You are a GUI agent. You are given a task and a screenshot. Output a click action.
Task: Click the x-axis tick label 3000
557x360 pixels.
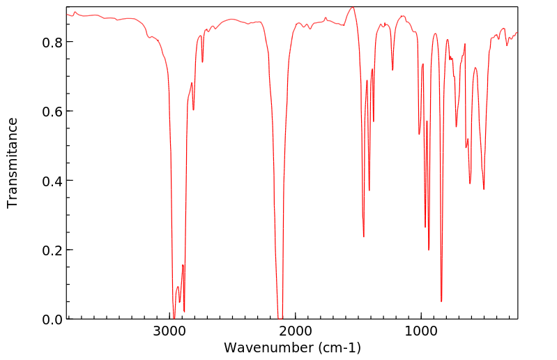coord(170,331)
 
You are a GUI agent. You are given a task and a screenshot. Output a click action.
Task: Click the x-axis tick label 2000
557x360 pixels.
coord(296,331)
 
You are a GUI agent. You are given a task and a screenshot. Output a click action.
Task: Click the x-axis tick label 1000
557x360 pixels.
coord(421,331)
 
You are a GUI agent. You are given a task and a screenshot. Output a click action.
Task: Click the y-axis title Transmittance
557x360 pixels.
coord(13,163)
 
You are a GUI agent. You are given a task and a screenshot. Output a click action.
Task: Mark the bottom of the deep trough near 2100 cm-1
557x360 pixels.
coord(280,317)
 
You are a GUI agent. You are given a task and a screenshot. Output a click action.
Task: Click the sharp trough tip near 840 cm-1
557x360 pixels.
coord(441,301)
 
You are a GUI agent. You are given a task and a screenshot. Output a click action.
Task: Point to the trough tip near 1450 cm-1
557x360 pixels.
coord(364,237)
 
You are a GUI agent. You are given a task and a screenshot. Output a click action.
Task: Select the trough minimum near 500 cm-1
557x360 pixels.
coord(484,189)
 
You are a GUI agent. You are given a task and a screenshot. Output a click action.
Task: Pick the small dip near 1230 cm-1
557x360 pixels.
coord(392,70)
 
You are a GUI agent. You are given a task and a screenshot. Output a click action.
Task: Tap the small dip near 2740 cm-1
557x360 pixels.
coord(203,62)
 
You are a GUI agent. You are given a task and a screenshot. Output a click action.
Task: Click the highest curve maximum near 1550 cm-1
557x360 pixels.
coord(353,8)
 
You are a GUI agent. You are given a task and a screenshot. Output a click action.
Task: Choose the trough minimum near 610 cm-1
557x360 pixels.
coord(471,183)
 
